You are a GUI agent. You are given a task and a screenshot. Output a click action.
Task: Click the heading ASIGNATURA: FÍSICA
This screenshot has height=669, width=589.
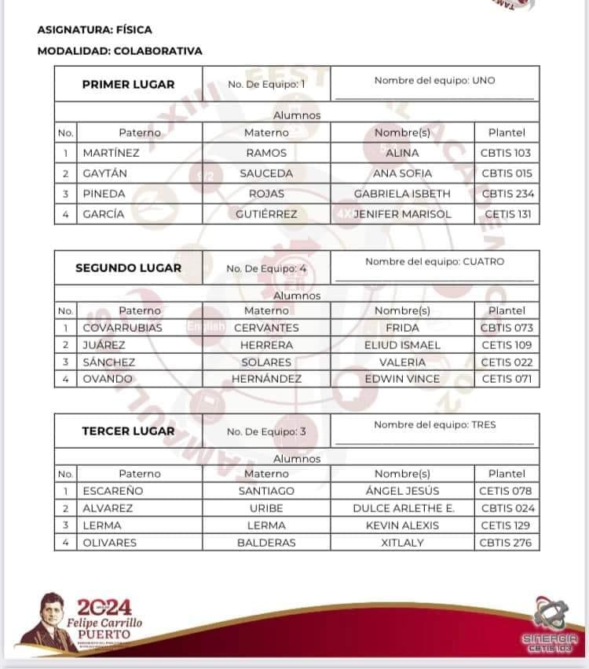click(94, 30)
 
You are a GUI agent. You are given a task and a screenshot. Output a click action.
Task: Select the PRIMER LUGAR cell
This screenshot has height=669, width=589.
click(128, 84)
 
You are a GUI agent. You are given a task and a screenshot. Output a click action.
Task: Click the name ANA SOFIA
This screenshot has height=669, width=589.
click(402, 173)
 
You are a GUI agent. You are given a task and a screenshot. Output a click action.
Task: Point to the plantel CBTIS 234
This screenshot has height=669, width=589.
click(507, 194)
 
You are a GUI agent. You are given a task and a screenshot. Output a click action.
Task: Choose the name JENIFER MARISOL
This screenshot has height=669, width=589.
click(402, 214)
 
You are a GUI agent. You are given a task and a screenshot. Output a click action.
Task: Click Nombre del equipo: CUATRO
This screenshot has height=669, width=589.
click(434, 262)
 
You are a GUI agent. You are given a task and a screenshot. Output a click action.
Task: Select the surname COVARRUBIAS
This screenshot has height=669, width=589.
click(123, 328)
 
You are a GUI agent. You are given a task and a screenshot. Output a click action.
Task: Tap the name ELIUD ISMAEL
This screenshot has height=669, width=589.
click(402, 345)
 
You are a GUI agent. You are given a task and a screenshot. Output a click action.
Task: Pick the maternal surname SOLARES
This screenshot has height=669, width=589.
click(266, 362)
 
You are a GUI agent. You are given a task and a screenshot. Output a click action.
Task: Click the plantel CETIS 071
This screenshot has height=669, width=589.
click(507, 380)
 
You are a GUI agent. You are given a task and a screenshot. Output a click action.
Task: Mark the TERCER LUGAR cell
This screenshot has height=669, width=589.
click(128, 431)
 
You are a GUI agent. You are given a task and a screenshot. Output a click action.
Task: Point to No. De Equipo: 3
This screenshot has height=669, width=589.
click(265, 431)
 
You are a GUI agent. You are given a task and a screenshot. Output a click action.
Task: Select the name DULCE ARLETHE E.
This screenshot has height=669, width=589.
click(403, 508)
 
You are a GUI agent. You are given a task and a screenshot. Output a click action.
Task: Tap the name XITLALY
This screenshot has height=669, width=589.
click(402, 543)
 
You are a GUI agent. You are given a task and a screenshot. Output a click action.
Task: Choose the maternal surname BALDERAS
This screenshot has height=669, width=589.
click(266, 543)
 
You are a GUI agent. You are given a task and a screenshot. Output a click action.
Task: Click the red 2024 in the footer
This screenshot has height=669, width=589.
click(104, 607)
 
